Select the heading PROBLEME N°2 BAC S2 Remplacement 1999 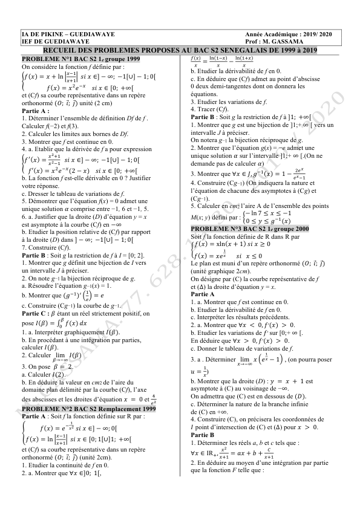(x=88, y=409)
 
